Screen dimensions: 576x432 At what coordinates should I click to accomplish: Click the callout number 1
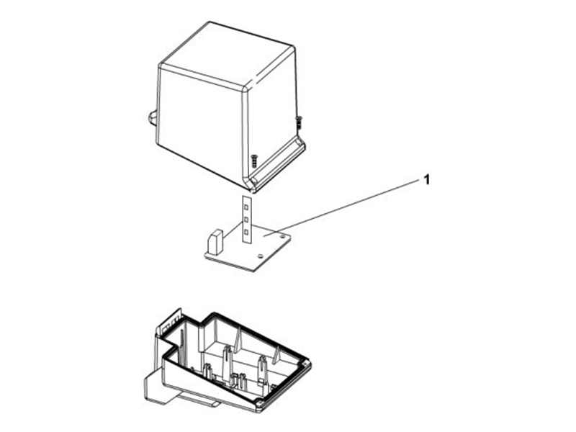pyautogui.click(x=426, y=180)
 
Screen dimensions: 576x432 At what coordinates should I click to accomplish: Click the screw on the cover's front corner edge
pyautogui.click(x=253, y=161)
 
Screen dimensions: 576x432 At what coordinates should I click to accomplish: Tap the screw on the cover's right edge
pyautogui.click(x=299, y=122)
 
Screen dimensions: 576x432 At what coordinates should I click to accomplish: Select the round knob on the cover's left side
pyautogui.click(x=153, y=118)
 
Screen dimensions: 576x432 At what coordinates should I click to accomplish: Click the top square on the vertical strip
pyautogui.click(x=246, y=208)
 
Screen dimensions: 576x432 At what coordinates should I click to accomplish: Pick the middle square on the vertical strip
pyautogui.click(x=246, y=220)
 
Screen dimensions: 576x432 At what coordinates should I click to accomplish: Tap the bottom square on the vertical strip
pyautogui.click(x=246, y=231)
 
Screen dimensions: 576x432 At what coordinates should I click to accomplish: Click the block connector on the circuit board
pyautogui.click(x=215, y=241)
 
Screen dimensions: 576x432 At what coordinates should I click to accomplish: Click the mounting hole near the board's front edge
pyautogui.click(x=261, y=256)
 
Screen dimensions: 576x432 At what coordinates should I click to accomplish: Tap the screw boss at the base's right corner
pyautogui.click(x=305, y=364)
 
